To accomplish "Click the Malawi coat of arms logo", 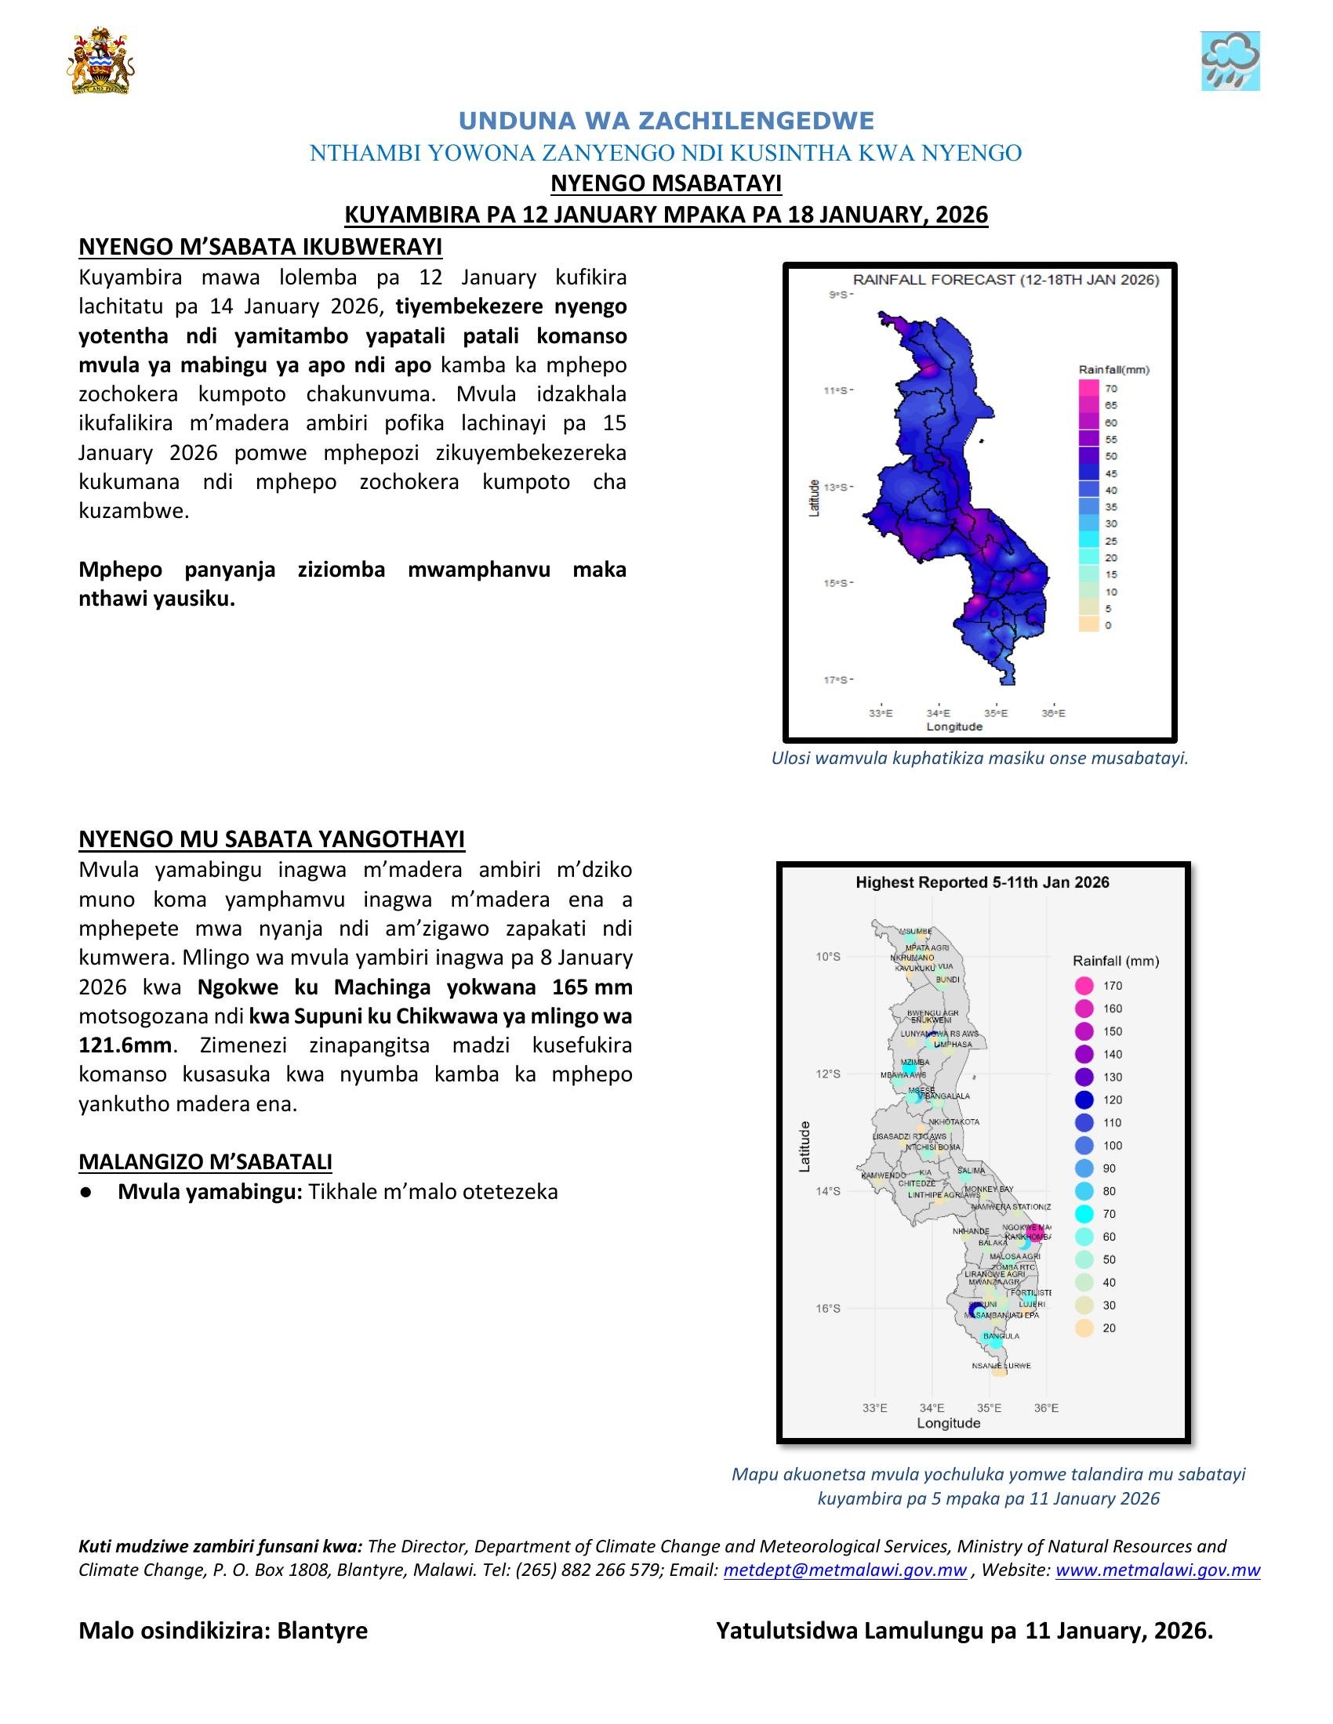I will (100, 61).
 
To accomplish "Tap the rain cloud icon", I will (1229, 61).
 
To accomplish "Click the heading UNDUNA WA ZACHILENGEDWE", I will (666, 121).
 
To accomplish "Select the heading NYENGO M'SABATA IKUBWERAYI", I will (260, 247).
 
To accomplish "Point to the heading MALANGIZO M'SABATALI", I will (205, 1161).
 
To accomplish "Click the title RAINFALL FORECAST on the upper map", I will (1005, 280).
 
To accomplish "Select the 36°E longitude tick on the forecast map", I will (1052, 713).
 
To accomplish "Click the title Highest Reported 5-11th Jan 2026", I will (982, 882).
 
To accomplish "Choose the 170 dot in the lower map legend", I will (1084, 985).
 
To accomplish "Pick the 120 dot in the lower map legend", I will (1084, 1099).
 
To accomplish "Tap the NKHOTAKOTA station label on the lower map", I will (954, 1121).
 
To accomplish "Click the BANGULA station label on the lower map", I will (1001, 1335).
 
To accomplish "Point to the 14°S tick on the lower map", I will (827, 1191).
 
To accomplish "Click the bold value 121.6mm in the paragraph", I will (125, 1045).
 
